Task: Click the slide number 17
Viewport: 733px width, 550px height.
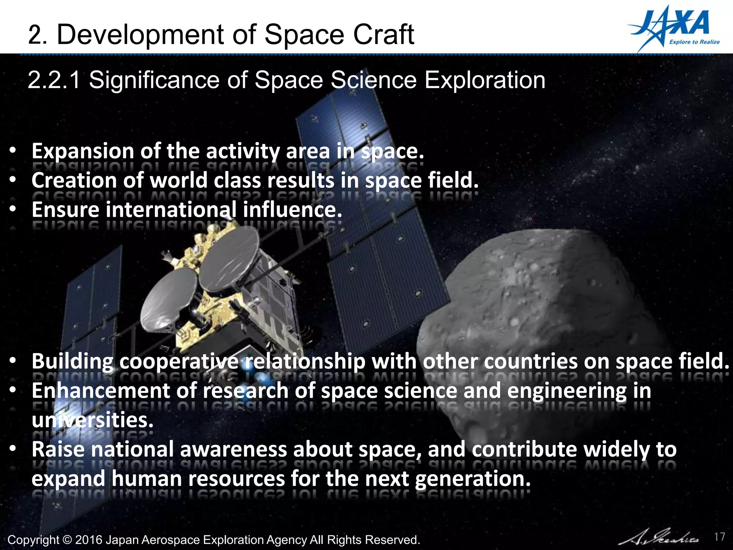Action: [719, 537]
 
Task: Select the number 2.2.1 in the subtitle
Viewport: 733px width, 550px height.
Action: [54, 79]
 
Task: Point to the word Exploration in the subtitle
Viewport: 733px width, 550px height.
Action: [485, 79]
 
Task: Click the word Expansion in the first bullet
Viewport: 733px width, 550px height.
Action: [83, 151]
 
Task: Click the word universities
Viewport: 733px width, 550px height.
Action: [92, 420]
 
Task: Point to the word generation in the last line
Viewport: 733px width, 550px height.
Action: [473, 479]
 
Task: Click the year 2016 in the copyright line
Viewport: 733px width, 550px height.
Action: [88, 540]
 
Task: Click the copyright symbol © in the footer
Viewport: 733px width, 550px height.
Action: [67, 540]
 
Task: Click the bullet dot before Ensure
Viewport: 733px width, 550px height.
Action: [13, 209]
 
